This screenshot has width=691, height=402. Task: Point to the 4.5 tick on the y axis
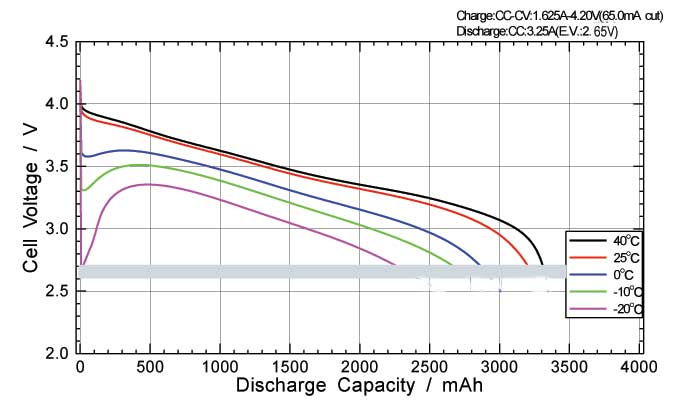pyautogui.click(x=57, y=43)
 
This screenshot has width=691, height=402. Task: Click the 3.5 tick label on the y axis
pyautogui.click(x=57, y=167)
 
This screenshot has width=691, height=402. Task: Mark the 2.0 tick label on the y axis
pyautogui.click(x=57, y=353)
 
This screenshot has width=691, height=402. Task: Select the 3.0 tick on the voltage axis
pyautogui.click(x=57, y=229)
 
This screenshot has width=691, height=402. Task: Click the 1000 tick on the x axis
pyautogui.click(x=219, y=367)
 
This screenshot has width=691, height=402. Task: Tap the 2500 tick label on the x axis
pyautogui.click(x=430, y=367)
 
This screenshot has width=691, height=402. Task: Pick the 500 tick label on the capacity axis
pyautogui.click(x=149, y=367)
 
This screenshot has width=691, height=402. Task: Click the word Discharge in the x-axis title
pyautogui.click(x=279, y=385)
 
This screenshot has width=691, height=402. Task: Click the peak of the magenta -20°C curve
pyautogui.click(x=149, y=184)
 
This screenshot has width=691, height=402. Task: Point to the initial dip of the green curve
pyautogui.click(x=86, y=189)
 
